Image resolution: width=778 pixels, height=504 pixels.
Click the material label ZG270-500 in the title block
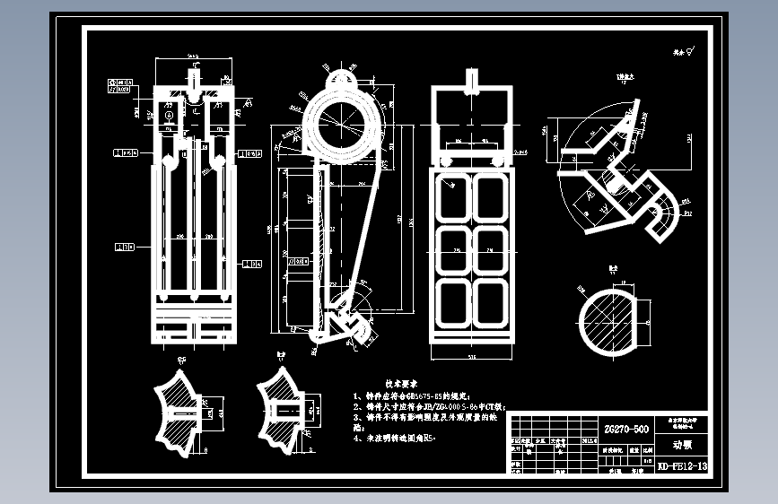(625, 429)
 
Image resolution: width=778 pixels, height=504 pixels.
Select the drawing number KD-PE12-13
(682, 466)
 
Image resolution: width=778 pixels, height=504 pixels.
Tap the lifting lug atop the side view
(344, 78)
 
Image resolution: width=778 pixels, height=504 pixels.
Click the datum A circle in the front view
(168, 115)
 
